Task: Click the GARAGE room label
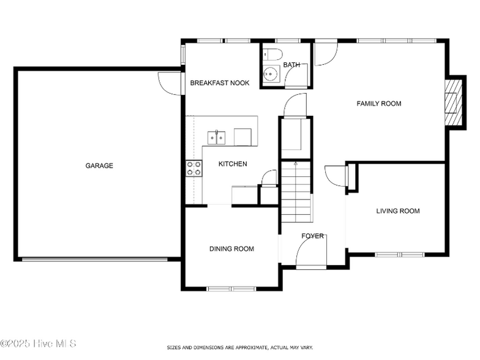tap(99, 165)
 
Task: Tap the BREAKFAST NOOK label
tap(220, 83)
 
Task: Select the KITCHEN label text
tap(233, 164)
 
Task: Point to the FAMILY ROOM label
tap(379, 104)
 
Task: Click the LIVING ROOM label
tap(398, 211)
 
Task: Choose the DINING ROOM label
tap(231, 249)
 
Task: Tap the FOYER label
tap(312, 236)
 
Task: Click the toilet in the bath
tap(272, 54)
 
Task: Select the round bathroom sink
tap(271, 73)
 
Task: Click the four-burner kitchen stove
tap(193, 168)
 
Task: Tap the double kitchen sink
tap(217, 138)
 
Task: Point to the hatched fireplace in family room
tap(453, 103)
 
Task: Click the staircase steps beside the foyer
tap(296, 192)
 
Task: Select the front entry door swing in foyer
tap(311, 252)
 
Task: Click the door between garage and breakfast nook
tap(170, 83)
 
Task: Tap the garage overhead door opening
tap(94, 260)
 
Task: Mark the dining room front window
tap(231, 289)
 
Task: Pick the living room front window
tap(400, 255)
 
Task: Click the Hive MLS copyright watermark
tap(38, 343)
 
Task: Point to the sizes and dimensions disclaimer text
tap(240, 348)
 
